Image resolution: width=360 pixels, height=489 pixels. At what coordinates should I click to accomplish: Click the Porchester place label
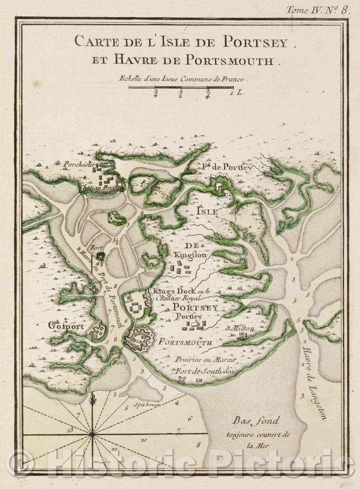click(x=78, y=164)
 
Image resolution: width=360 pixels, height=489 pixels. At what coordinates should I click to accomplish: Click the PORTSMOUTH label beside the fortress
click(x=184, y=342)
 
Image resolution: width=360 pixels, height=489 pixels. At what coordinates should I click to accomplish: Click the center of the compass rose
click(x=92, y=434)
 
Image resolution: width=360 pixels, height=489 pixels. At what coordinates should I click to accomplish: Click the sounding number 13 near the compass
click(x=70, y=430)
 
